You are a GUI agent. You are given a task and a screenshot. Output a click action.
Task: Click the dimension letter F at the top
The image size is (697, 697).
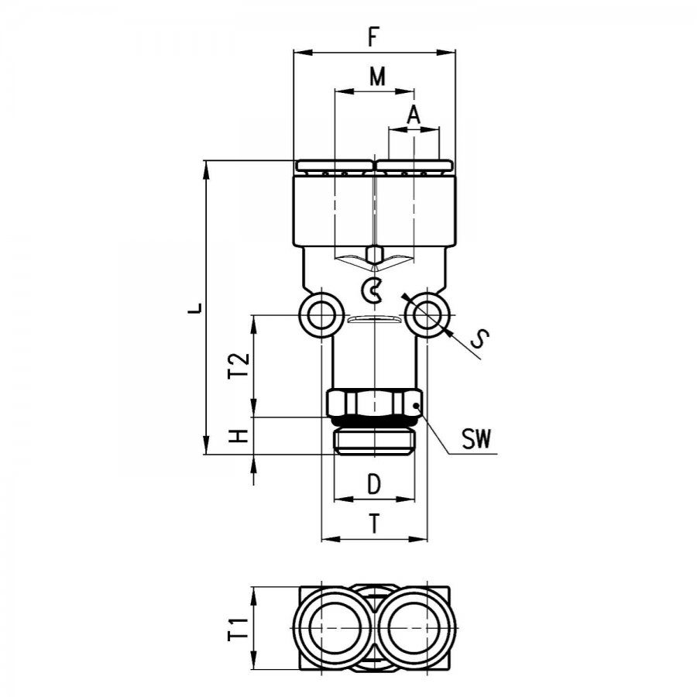pyautogui.click(x=373, y=36)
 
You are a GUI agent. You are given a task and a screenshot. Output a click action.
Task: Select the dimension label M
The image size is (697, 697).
pyautogui.click(x=377, y=77)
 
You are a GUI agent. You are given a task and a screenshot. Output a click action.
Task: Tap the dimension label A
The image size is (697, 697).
pyautogui.click(x=414, y=115)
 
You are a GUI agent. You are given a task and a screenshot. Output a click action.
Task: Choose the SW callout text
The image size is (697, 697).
pyautogui.click(x=476, y=439)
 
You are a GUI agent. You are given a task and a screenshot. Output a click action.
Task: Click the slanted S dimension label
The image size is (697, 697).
pyautogui.click(x=479, y=339)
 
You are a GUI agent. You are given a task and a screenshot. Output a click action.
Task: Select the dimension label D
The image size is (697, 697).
pyautogui.click(x=374, y=484)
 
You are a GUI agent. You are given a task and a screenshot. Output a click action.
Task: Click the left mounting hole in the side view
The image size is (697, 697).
pyautogui.click(x=321, y=315)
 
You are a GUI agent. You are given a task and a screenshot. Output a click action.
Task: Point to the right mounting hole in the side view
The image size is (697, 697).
pyautogui.click(x=427, y=315)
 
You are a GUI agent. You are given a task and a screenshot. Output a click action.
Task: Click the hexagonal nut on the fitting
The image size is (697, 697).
pyautogui.click(x=374, y=402)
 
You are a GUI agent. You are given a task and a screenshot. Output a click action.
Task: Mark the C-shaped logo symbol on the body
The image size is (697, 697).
pyautogui.click(x=372, y=290)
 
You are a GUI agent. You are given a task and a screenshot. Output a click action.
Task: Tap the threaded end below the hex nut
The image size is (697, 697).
pyautogui.click(x=374, y=441)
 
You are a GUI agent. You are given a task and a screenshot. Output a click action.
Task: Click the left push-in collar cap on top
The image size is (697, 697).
pyautogui.click(x=333, y=167)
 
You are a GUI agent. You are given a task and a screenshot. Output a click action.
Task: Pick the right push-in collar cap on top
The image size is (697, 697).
pyautogui.click(x=415, y=167)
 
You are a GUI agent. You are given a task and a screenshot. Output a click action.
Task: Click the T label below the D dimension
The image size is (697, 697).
pyautogui.click(x=375, y=524)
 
